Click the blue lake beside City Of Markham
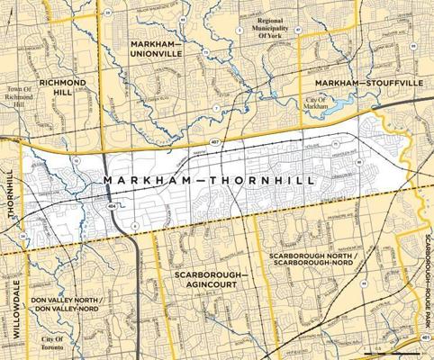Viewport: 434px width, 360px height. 345,108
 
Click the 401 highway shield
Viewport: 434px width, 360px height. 424,338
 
